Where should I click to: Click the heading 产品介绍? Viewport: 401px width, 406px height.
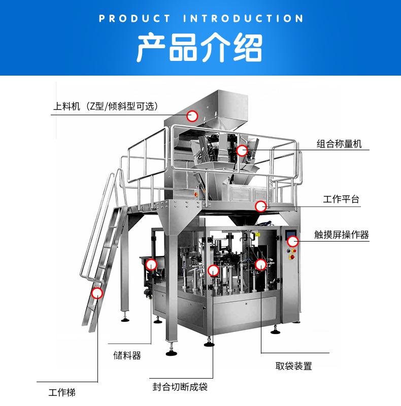(199, 47)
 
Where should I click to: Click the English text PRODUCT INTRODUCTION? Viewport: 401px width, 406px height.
(201, 18)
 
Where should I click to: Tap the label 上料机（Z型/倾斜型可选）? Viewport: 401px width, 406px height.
(106, 106)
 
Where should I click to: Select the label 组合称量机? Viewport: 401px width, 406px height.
(339, 144)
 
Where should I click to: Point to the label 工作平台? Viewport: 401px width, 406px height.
(341, 199)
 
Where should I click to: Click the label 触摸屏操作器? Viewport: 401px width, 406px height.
(342, 234)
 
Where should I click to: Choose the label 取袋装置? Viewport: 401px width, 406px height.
(294, 366)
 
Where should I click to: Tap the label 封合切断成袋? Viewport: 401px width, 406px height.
(180, 387)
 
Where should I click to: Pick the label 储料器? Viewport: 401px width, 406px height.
(127, 355)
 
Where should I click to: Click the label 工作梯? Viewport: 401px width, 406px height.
(62, 392)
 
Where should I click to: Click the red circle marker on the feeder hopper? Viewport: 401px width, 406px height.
(192, 116)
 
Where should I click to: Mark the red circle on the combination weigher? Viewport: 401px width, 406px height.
(242, 150)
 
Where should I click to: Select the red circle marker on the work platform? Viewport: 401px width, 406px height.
(260, 207)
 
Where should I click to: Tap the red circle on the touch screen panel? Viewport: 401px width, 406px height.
(293, 242)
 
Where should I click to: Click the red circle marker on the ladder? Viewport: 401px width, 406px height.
(97, 293)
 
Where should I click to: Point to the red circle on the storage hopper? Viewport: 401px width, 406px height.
(151, 264)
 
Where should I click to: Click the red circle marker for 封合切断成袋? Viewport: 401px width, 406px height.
(213, 271)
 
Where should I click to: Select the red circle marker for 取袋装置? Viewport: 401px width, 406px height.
(260, 264)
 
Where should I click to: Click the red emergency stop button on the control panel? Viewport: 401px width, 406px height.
(292, 257)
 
